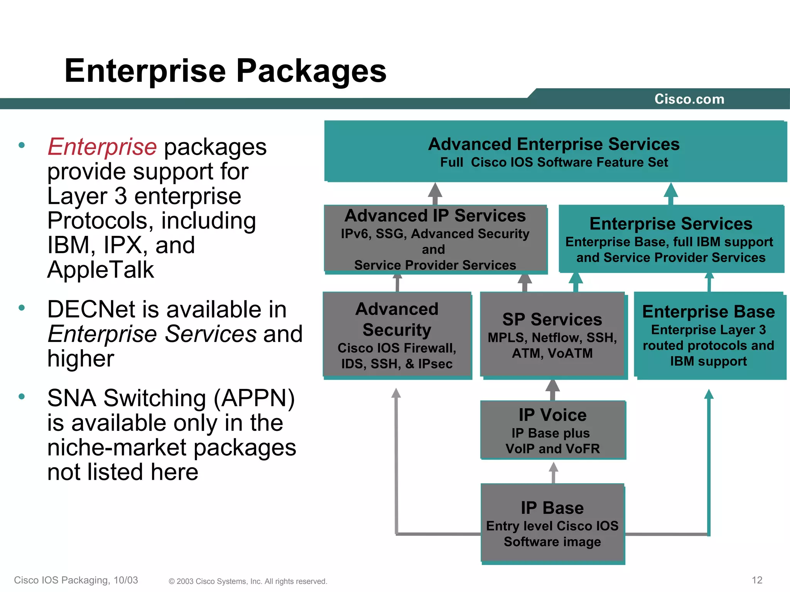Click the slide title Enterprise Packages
click(x=225, y=71)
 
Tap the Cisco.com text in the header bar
click(x=689, y=99)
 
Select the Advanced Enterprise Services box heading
click(x=554, y=144)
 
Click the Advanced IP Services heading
click(x=435, y=215)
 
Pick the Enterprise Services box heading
click(x=671, y=224)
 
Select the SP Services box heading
click(x=552, y=320)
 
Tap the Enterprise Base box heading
click(x=708, y=311)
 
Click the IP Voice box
click(x=552, y=430)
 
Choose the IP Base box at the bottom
click(x=552, y=523)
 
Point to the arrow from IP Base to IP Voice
click(x=553, y=472)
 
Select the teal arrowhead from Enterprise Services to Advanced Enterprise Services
click(x=671, y=190)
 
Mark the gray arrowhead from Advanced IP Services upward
click(x=435, y=191)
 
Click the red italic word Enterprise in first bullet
click(x=102, y=147)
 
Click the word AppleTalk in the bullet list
click(x=100, y=269)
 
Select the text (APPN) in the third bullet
click(x=254, y=398)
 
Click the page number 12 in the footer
click(x=757, y=580)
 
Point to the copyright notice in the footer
click(x=248, y=581)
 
